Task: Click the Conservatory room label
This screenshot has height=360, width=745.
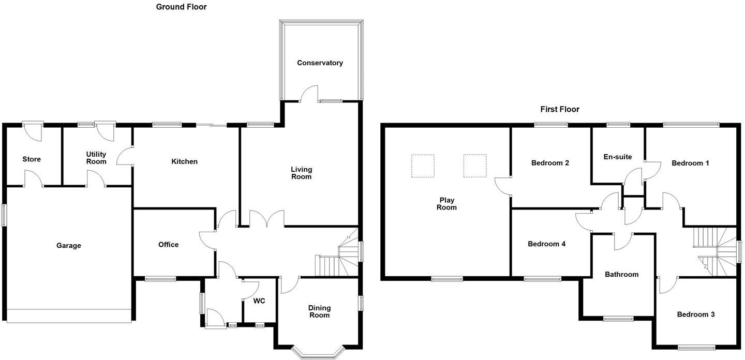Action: point(320,63)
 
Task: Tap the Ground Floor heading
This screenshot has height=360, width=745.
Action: point(181,7)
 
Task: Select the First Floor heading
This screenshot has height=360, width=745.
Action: point(560,109)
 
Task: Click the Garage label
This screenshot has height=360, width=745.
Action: point(69,246)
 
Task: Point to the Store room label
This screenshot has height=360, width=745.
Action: point(32,159)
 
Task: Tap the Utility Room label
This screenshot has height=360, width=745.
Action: point(96,158)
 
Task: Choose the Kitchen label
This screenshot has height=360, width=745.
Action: point(185,161)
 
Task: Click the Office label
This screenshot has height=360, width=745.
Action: point(168,245)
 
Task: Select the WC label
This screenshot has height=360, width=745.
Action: point(259,301)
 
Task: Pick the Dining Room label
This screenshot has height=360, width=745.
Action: point(319,311)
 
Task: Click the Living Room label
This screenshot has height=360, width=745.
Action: point(301,173)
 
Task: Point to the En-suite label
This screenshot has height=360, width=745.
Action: point(618,157)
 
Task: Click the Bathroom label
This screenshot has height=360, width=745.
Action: point(621,275)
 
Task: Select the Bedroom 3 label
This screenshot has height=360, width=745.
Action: point(696,314)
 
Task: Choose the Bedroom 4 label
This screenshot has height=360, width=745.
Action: point(546,244)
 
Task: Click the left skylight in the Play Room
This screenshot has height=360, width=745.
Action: point(423,166)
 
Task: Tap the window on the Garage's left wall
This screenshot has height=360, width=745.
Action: point(5,215)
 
